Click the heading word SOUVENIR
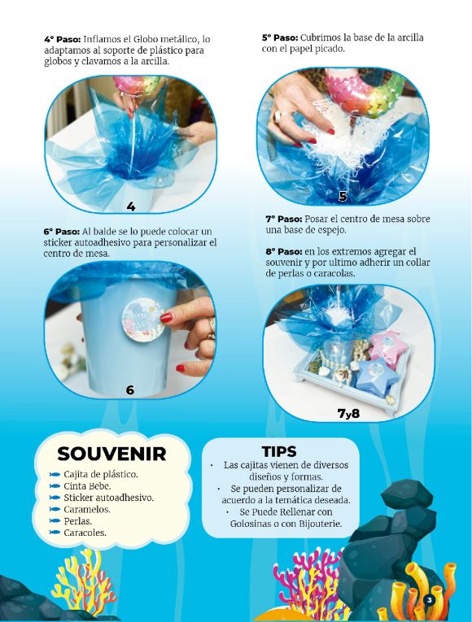point(111,454)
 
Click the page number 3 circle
point(428,600)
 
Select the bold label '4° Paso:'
point(62,38)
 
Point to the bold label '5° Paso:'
point(280,37)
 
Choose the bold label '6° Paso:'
point(62,231)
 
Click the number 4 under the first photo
point(130,206)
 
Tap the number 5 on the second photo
point(343,196)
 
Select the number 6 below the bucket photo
point(129,389)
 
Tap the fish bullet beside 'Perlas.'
point(55,521)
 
